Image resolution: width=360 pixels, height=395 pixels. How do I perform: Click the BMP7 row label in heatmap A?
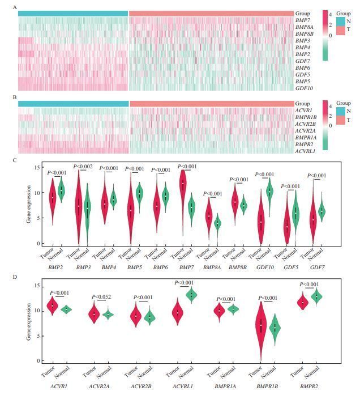[302, 20]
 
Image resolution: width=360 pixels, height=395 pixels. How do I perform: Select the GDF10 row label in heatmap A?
[304, 88]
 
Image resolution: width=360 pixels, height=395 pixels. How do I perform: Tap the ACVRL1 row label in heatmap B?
[306, 151]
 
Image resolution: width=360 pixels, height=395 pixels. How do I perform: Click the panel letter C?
[14, 160]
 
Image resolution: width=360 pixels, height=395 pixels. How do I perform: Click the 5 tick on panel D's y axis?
[35, 336]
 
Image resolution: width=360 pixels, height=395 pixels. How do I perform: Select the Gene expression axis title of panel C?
[28, 204]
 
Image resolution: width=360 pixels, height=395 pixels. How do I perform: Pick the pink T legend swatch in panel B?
[341, 120]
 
